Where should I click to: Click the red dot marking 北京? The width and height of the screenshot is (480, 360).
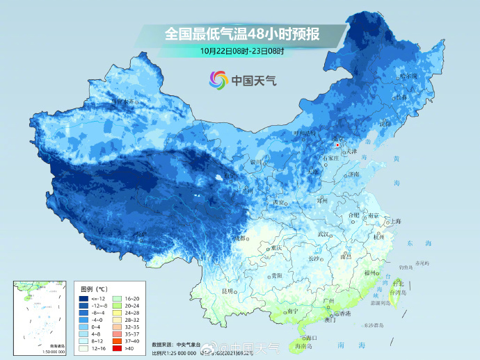click(x=337, y=145)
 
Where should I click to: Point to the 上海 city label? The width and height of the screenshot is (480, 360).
click(x=396, y=221)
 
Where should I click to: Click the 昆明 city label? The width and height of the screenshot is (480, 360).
click(x=227, y=291)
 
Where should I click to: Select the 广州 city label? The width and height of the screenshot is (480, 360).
click(x=330, y=300)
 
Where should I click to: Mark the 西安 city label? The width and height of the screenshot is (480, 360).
click(x=280, y=203)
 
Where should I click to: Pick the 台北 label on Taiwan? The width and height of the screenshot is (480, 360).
click(x=398, y=284)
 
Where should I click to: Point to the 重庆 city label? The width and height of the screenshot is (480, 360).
click(x=276, y=248)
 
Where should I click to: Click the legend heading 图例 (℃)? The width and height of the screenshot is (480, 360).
click(x=93, y=288)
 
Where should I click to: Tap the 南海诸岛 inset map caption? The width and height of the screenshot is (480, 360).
click(x=40, y=345)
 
